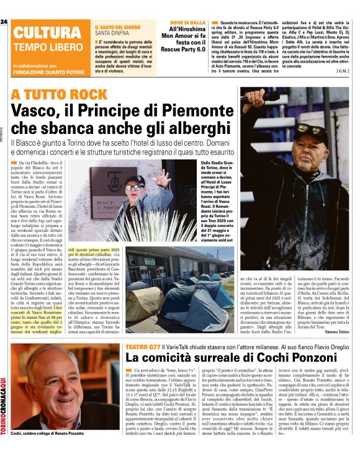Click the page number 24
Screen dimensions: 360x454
pos(4,22)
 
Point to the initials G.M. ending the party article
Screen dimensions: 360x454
pos(342,70)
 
